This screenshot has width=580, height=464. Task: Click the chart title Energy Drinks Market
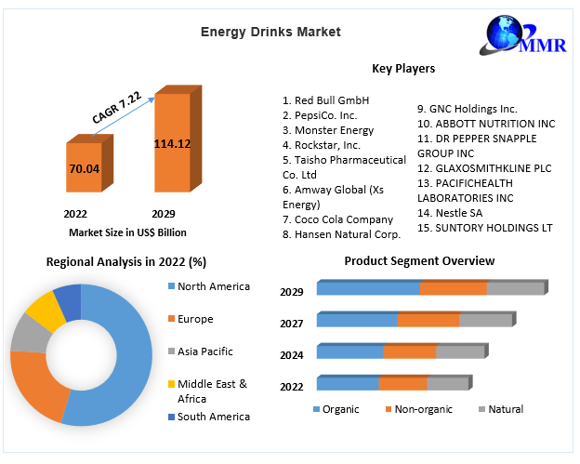(x=270, y=32)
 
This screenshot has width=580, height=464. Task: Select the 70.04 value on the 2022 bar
(x=84, y=168)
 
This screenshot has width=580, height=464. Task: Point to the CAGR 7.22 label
(x=117, y=107)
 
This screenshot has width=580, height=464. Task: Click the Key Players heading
(x=402, y=68)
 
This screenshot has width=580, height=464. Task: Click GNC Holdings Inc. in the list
(x=467, y=109)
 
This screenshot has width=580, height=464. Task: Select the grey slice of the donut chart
(x=28, y=333)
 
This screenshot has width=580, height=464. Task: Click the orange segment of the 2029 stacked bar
(x=453, y=288)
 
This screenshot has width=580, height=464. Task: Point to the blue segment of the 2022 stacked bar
(x=347, y=383)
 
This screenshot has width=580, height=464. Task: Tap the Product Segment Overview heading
(x=419, y=261)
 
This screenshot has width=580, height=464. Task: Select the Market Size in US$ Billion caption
(x=127, y=232)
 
